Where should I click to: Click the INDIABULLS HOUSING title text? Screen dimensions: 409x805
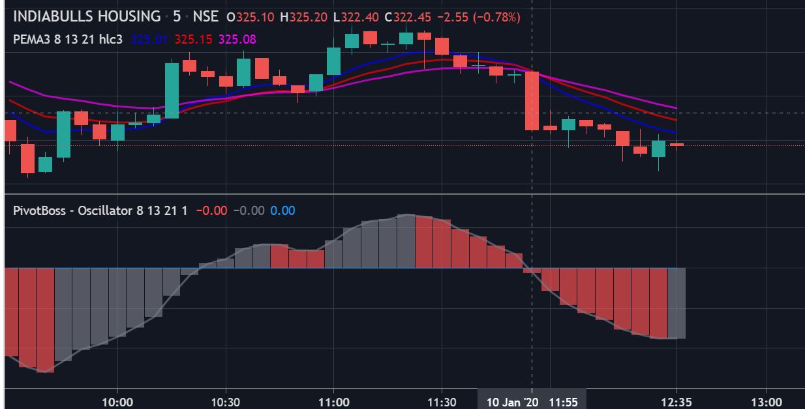click(87, 16)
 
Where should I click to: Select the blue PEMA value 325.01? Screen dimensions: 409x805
click(149, 39)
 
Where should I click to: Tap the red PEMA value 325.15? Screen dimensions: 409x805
click(193, 39)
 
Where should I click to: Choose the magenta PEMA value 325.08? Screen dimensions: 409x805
click(237, 39)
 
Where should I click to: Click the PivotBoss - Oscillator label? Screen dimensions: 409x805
click(72, 210)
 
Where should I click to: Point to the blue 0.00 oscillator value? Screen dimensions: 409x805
click(282, 210)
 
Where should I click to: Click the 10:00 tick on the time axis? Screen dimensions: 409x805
click(117, 402)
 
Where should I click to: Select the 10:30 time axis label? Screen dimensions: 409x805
click(225, 402)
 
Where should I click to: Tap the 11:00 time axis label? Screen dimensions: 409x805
click(333, 402)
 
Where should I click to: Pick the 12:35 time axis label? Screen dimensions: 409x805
click(676, 402)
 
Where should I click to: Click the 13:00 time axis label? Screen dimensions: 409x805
click(767, 402)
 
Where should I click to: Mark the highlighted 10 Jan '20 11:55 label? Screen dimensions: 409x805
click(532, 402)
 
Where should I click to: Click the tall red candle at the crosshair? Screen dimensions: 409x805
click(532, 101)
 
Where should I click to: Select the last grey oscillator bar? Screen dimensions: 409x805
click(676, 303)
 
